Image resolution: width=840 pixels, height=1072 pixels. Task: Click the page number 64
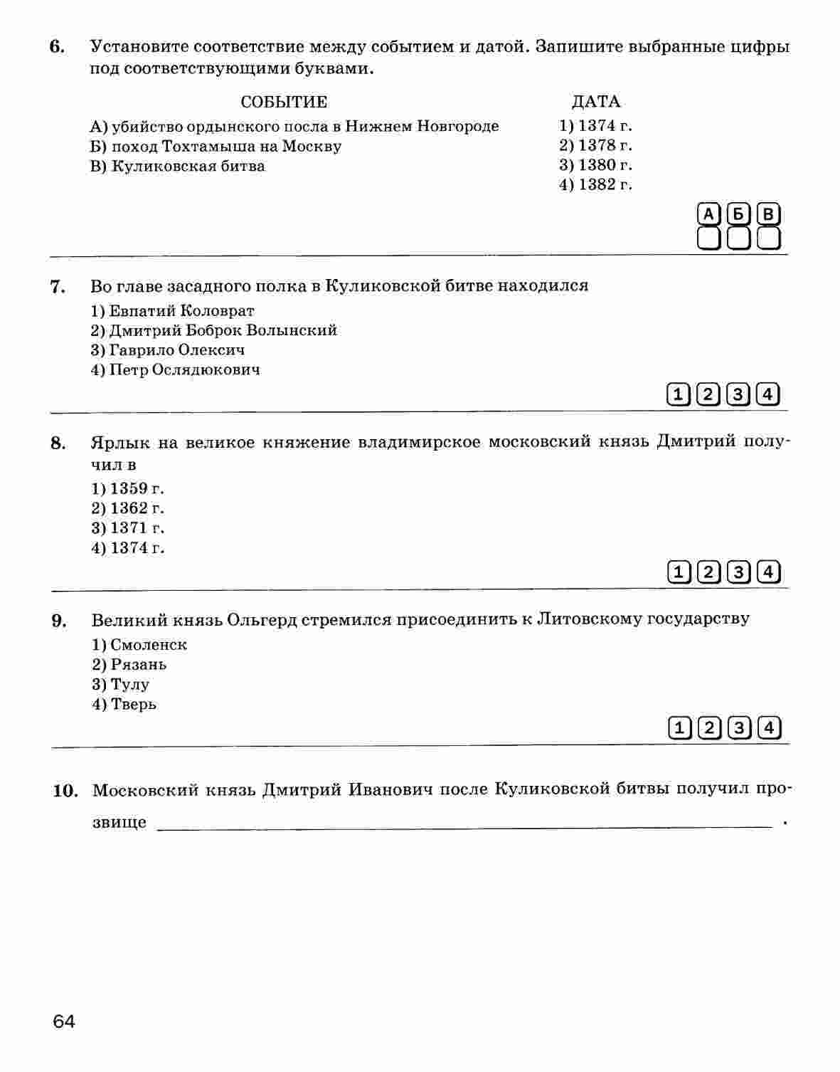pyautogui.click(x=63, y=1021)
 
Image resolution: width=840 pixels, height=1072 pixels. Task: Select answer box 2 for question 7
pyautogui.click(x=708, y=394)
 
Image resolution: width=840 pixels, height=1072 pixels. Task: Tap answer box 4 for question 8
pyautogui.click(x=768, y=572)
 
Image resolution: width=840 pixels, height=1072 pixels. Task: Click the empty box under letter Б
pyautogui.click(x=738, y=238)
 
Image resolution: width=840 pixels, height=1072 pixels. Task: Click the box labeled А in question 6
pyautogui.click(x=708, y=214)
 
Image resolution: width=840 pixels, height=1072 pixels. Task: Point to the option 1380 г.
pyautogui.click(x=595, y=165)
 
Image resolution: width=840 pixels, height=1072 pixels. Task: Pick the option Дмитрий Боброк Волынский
pyautogui.click(x=214, y=330)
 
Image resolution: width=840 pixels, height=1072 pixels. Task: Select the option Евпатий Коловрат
pyautogui.click(x=173, y=310)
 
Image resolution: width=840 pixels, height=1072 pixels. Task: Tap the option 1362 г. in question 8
pyautogui.click(x=128, y=508)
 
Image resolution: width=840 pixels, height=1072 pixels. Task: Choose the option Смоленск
pyautogui.click(x=139, y=645)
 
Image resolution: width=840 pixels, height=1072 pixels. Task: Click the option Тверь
pyautogui.click(x=124, y=705)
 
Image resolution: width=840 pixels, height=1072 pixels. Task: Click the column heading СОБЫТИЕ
pyautogui.click(x=284, y=102)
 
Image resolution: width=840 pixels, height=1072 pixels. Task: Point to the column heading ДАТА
pyautogui.click(x=596, y=102)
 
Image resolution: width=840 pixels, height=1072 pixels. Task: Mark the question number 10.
pyautogui.click(x=65, y=791)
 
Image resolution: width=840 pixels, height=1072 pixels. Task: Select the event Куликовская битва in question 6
pyautogui.click(x=178, y=166)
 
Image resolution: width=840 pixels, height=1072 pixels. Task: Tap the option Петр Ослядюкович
pyautogui.click(x=176, y=370)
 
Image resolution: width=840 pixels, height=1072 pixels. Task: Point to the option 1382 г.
pyautogui.click(x=595, y=185)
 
